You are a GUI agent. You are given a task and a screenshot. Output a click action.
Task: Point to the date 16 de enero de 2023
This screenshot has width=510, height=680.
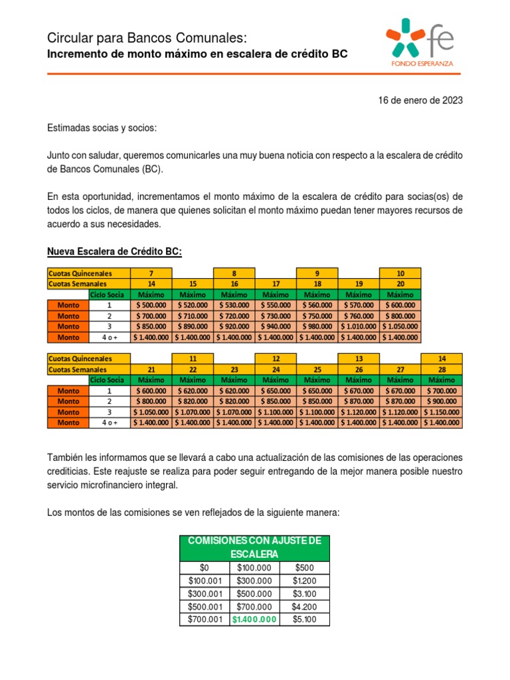[x=420, y=100]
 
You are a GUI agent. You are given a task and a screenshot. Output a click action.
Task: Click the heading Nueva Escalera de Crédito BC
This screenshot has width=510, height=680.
[x=114, y=252]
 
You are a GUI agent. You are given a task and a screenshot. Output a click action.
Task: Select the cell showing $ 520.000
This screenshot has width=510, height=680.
[x=193, y=305]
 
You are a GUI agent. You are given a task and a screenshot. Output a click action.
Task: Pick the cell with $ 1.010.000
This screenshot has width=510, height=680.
[x=358, y=326]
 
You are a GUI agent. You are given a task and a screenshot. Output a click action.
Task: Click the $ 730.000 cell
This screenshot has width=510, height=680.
[x=275, y=315]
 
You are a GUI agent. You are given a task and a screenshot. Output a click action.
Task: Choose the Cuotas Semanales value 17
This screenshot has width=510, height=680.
[x=275, y=284]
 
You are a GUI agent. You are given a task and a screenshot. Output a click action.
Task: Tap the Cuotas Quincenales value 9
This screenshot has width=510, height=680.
[x=317, y=273]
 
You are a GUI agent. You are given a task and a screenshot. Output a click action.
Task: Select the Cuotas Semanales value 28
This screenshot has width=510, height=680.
[x=442, y=369]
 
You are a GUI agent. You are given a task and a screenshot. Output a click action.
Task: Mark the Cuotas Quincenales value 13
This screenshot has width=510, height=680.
[x=359, y=359]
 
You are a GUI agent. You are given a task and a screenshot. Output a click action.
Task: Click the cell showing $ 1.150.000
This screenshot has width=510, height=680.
[x=442, y=412]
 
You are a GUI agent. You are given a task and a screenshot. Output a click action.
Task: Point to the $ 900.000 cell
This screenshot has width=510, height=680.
[x=442, y=401]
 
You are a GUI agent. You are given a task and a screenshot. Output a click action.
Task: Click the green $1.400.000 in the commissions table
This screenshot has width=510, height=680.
[x=254, y=619]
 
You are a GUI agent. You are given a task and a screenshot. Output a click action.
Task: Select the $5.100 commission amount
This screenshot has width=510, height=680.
[x=304, y=619]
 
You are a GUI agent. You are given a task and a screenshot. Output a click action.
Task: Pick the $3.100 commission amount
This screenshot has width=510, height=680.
[x=304, y=594]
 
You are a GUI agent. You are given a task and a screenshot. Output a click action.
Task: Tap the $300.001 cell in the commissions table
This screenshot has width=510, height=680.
[x=205, y=594]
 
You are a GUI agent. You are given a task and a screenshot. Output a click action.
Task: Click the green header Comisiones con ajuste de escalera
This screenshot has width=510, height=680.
[x=254, y=547]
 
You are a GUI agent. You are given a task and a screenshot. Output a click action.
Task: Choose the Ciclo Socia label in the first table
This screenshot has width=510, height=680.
[x=110, y=294]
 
